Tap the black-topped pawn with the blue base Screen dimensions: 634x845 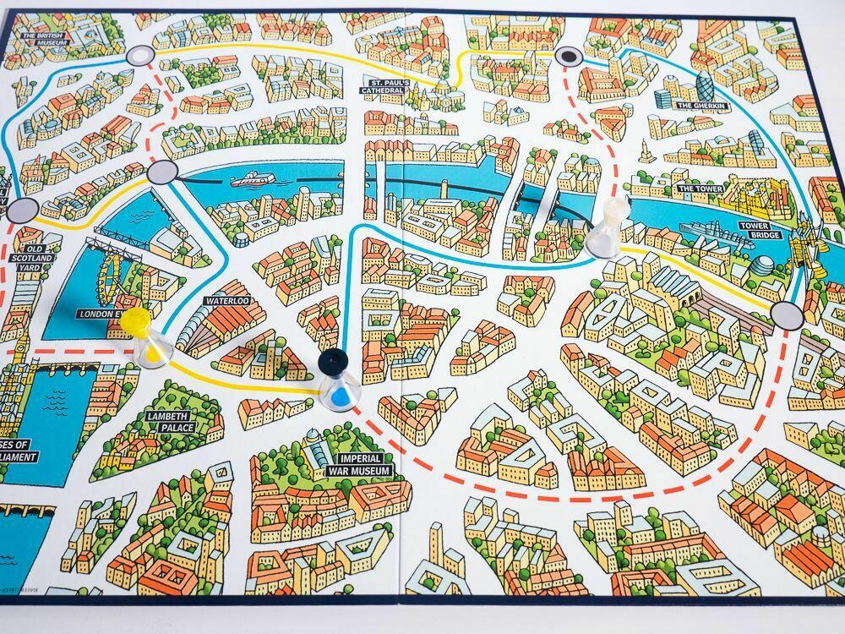click(337, 380)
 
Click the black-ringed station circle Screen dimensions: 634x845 click(567, 56)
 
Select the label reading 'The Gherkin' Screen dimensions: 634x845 click(699, 106)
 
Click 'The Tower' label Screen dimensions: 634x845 click(697, 188)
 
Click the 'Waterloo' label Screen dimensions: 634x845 click(226, 300)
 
